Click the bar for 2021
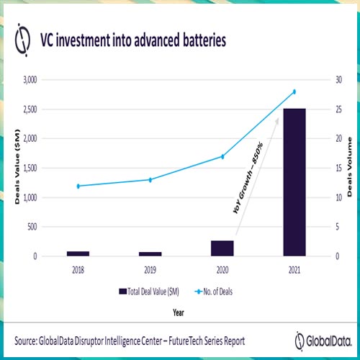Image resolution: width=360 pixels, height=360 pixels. click(x=294, y=182)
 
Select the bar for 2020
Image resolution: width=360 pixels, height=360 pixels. click(x=222, y=248)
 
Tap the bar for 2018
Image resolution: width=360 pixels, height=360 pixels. click(x=78, y=253)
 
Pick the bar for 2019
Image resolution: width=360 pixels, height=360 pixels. click(x=150, y=253)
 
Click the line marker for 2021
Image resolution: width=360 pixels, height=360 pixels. click(x=294, y=91)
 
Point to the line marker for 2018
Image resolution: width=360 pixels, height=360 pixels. click(x=78, y=186)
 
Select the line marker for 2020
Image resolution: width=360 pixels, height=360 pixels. click(x=222, y=156)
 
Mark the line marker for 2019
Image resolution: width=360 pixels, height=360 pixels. click(x=150, y=179)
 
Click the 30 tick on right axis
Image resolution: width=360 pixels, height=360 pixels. click(x=335, y=80)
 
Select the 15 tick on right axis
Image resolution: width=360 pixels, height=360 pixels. click(x=335, y=168)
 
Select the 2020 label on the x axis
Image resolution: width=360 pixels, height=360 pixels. click(x=222, y=271)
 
